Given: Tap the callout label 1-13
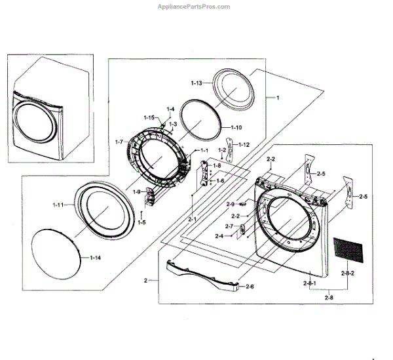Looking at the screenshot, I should point(197,84).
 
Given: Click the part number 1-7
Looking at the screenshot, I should point(119,142).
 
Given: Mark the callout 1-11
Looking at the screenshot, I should point(61,205).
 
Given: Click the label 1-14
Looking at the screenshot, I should point(96,258).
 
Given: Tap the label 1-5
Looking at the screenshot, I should point(141,222).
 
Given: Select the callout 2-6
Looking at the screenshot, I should point(250,287).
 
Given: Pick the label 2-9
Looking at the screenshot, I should point(231,205).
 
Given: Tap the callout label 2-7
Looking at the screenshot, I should point(230,226).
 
